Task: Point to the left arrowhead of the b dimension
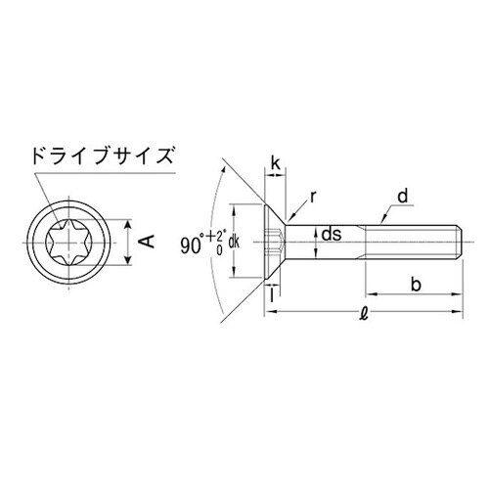[371, 291]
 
